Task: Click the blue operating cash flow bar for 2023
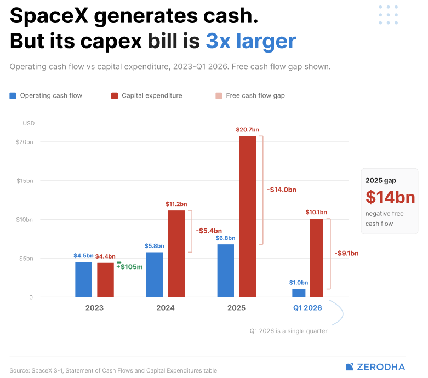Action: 83,279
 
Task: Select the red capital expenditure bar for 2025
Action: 248,216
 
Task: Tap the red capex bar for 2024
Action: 176,254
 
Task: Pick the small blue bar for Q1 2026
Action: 299,293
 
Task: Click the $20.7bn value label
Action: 248,130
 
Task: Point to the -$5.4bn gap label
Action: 209,231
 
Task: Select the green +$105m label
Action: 130,267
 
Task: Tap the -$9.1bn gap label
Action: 347,253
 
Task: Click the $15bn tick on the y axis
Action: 25,181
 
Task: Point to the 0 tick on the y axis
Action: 31,297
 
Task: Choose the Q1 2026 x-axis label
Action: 307,308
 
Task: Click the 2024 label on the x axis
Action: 166,308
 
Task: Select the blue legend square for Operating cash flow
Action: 13,96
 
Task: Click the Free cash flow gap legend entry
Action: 250,95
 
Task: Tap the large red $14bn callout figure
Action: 390,197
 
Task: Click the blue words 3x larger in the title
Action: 251,41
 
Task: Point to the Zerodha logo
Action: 375,367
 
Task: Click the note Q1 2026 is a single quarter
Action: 288,331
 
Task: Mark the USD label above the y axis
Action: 28,123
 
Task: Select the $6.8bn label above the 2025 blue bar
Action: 225,238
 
